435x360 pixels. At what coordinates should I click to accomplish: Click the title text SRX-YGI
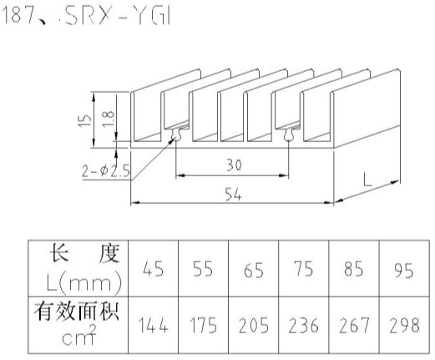[117, 16]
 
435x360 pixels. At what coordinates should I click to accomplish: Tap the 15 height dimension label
[85, 121]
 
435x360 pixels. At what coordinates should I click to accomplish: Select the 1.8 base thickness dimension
[109, 119]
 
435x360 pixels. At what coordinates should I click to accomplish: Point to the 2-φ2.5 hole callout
[106, 170]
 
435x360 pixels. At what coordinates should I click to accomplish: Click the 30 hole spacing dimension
[234, 165]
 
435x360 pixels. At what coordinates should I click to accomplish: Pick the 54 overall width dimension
[233, 194]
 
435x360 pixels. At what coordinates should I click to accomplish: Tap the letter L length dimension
[367, 180]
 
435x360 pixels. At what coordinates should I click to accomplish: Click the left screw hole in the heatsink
[176, 135]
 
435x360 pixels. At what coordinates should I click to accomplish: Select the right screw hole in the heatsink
[289, 135]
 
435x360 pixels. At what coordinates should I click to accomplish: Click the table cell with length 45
[153, 269]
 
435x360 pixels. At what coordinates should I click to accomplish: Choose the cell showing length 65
[253, 270]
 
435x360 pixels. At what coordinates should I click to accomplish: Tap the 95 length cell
[403, 270]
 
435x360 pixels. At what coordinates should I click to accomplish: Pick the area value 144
[153, 325]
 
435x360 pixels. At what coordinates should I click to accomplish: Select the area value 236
[303, 325]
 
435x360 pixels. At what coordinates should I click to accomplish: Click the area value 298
[404, 325]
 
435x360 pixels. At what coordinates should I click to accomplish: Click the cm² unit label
[79, 335]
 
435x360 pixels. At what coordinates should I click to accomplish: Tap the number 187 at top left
[16, 15]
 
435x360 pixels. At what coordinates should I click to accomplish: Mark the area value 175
[203, 325]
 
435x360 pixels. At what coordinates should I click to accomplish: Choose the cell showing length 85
[353, 269]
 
